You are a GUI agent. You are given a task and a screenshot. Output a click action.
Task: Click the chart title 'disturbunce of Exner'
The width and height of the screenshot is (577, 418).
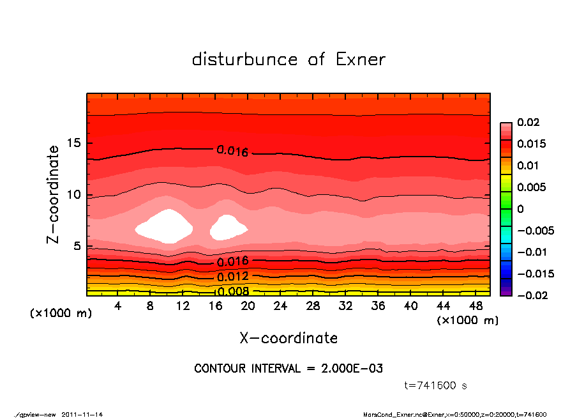(288, 59)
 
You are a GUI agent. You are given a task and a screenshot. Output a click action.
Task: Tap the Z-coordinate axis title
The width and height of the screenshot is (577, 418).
(54, 194)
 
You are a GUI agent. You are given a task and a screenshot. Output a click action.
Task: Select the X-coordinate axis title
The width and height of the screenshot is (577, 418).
(288, 337)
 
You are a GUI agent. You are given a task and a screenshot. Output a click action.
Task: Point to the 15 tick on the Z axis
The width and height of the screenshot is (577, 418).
(75, 143)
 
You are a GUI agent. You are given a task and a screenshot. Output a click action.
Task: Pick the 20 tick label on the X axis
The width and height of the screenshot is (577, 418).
(248, 306)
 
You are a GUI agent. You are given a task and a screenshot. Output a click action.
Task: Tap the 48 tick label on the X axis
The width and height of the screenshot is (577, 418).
(476, 306)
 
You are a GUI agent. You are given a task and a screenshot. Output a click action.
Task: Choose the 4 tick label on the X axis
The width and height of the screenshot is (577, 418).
(118, 306)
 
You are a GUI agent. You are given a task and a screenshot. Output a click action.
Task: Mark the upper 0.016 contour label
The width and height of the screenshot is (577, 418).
(232, 151)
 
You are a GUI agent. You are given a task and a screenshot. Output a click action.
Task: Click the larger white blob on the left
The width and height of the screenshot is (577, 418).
(165, 226)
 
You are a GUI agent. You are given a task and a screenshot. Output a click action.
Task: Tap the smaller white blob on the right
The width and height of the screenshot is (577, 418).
(227, 227)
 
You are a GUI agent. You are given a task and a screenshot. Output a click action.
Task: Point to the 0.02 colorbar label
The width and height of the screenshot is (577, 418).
(528, 122)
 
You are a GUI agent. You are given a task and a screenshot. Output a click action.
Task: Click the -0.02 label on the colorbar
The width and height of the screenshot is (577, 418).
(531, 295)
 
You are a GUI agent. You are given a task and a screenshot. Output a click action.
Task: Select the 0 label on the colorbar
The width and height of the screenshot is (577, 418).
(520, 208)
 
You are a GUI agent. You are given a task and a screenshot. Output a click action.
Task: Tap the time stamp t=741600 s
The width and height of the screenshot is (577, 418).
(436, 386)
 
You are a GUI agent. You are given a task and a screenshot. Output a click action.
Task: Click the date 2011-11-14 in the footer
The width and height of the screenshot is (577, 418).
(82, 414)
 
